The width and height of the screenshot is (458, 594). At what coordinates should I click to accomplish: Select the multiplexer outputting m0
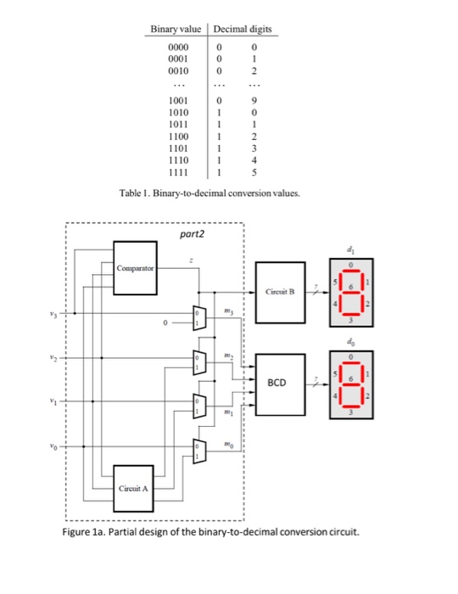(x=199, y=447)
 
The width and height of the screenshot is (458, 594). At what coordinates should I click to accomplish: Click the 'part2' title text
(x=193, y=230)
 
